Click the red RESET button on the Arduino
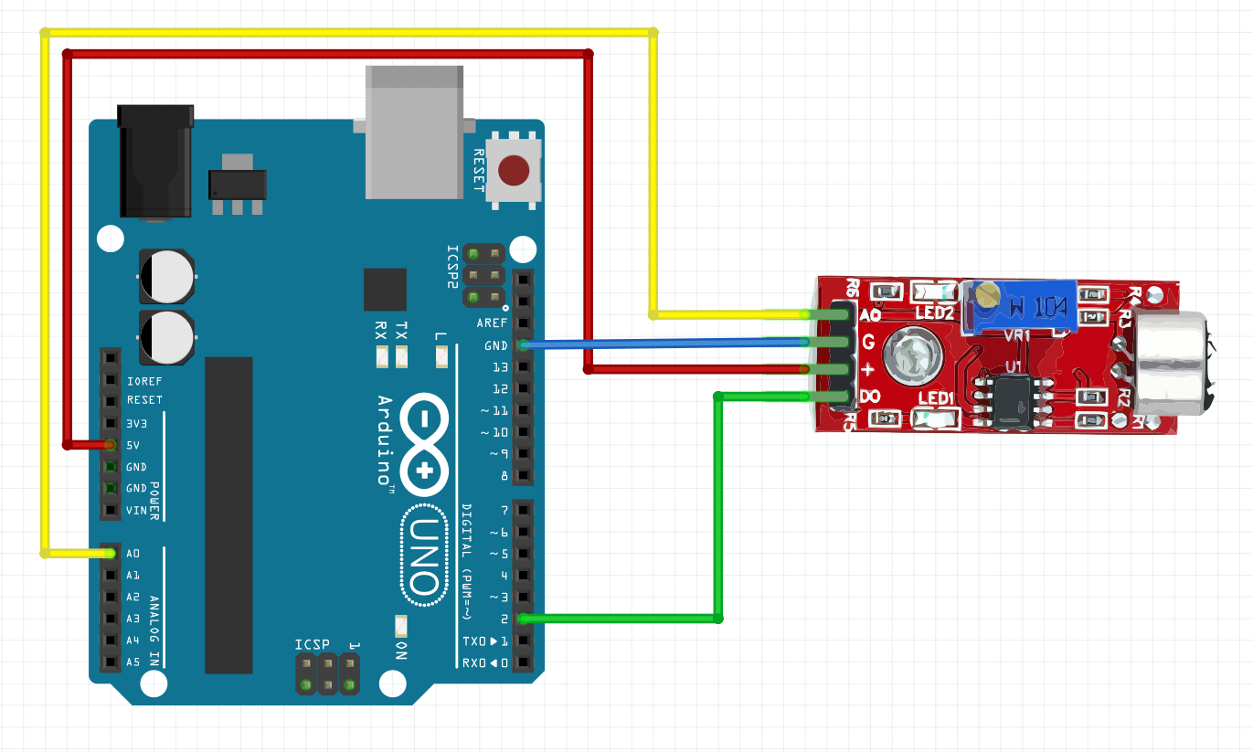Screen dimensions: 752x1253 coord(514,169)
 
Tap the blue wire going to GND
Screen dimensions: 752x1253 coord(667,344)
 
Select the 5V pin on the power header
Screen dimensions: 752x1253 coord(111,445)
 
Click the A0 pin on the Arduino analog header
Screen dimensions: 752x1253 coord(111,553)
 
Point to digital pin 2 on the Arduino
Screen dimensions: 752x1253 coord(523,619)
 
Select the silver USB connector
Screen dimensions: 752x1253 coord(414,132)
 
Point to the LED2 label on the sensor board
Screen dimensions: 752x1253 coord(935,313)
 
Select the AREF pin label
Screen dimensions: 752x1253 coord(492,323)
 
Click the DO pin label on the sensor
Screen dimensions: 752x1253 coord(870,397)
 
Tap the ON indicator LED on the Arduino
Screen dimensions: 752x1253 coord(399,625)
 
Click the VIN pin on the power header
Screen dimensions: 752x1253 coord(111,510)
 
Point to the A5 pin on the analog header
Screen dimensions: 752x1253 coord(111,662)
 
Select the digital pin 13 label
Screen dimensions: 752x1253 coord(499,367)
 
